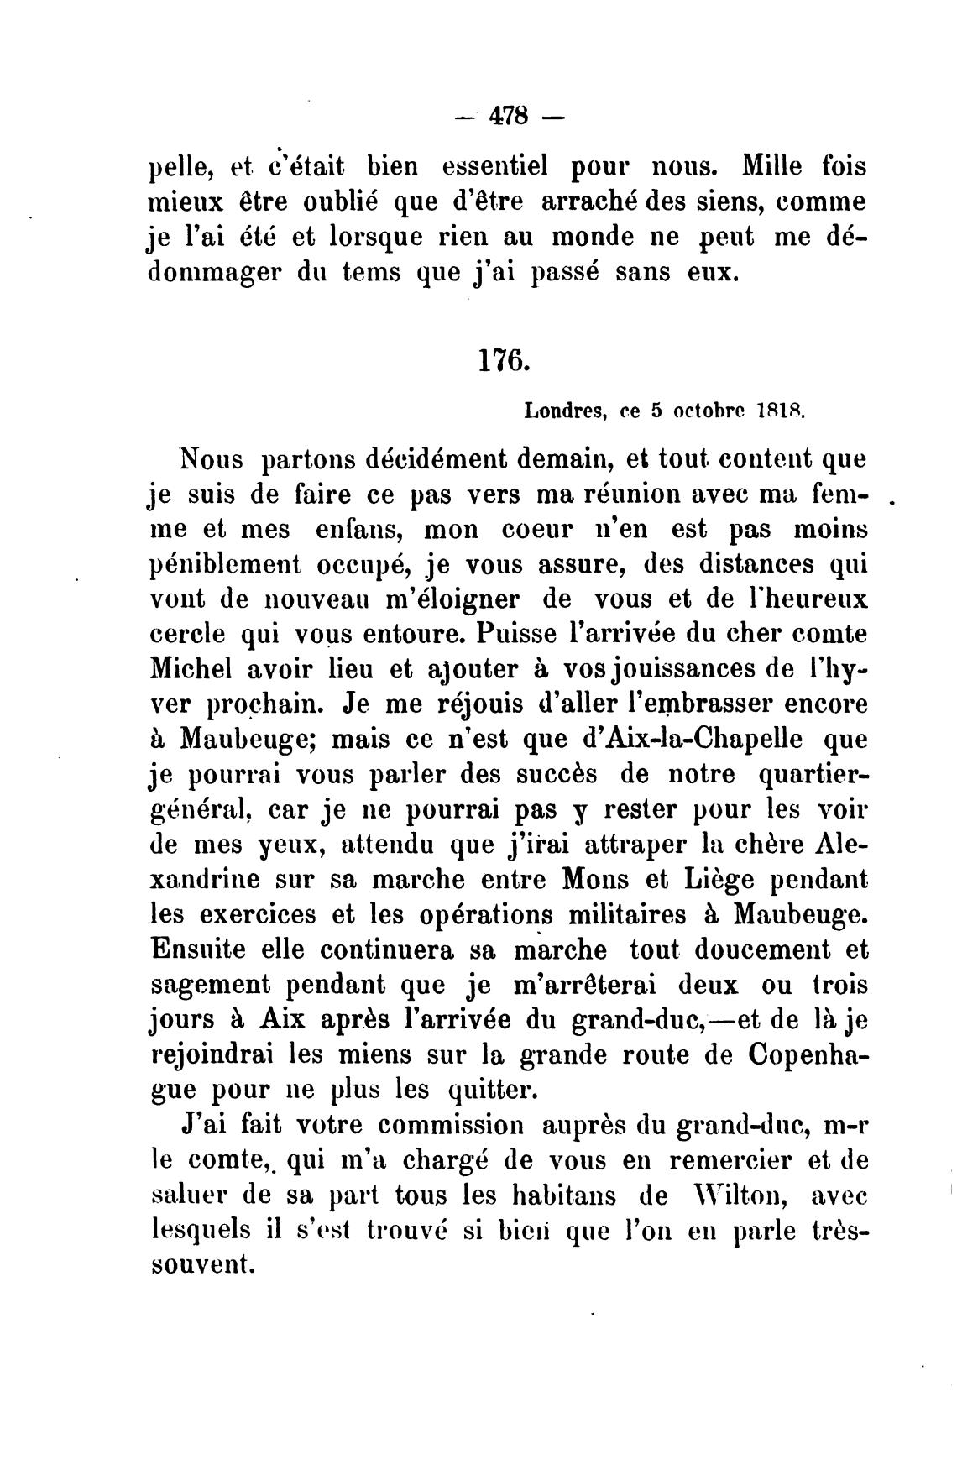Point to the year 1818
tap(781, 411)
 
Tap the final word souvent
tap(202, 1265)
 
